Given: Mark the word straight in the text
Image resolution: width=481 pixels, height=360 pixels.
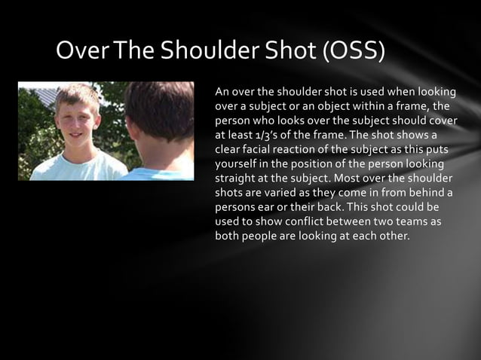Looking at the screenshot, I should coord(237,178).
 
